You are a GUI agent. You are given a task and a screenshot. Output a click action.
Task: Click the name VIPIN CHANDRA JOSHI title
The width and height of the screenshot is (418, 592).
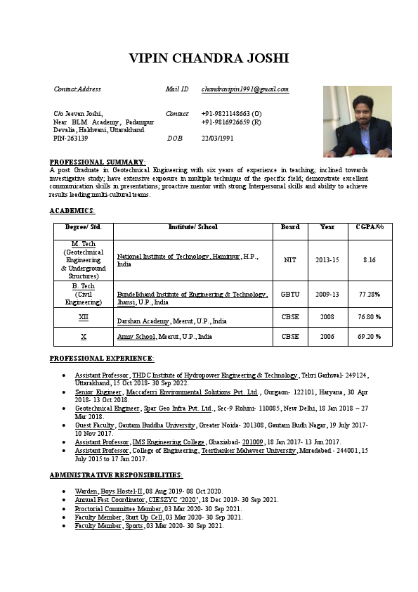(209, 58)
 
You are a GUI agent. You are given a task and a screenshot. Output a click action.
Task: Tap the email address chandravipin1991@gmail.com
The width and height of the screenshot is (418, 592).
(245, 89)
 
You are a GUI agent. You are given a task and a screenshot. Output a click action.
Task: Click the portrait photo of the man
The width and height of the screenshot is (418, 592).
(357, 121)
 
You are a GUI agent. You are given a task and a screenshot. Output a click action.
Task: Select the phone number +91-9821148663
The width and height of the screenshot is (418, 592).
(231, 113)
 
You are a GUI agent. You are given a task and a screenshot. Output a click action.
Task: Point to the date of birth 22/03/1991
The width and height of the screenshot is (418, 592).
(217, 139)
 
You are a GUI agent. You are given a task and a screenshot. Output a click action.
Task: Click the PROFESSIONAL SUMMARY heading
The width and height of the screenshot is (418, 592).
(97, 162)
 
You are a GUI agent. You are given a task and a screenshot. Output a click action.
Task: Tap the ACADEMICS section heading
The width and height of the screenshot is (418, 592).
(72, 211)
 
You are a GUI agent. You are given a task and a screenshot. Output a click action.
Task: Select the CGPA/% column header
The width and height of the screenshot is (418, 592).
(370, 227)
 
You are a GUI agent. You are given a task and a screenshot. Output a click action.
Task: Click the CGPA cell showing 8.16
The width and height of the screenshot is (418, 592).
(370, 260)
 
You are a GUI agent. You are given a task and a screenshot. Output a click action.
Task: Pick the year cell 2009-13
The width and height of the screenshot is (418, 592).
(327, 294)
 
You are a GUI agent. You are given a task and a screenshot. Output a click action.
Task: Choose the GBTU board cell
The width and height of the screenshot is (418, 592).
(290, 294)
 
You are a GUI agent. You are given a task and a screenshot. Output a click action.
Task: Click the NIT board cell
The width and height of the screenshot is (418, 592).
(290, 260)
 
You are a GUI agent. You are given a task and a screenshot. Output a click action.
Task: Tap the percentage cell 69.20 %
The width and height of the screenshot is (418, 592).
(370, 337)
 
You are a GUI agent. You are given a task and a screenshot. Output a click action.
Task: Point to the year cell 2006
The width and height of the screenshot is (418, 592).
(327, 337)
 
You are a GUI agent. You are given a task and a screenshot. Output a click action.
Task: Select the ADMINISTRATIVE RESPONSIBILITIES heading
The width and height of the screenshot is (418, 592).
(116, 475)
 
